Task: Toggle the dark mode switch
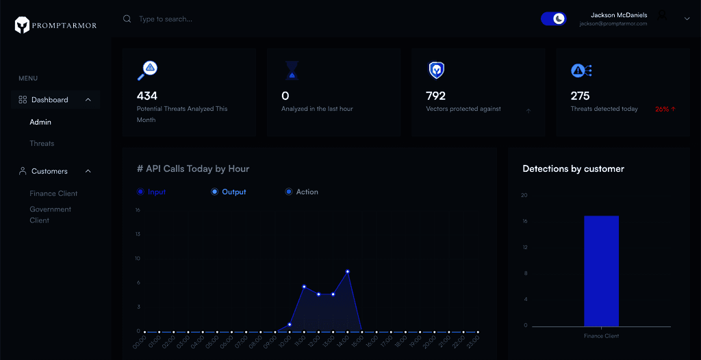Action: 553,19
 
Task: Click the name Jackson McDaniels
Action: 619,15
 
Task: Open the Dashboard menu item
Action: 50,100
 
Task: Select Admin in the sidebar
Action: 40,122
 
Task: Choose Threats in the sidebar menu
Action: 42,144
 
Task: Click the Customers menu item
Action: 49,171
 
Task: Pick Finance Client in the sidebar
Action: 53,194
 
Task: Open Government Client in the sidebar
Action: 50,215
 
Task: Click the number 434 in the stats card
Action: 147,96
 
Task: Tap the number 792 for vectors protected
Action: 435,96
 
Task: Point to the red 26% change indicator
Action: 665,110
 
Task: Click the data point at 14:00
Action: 348,272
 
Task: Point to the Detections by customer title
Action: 573,168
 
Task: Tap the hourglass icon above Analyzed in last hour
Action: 292,70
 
